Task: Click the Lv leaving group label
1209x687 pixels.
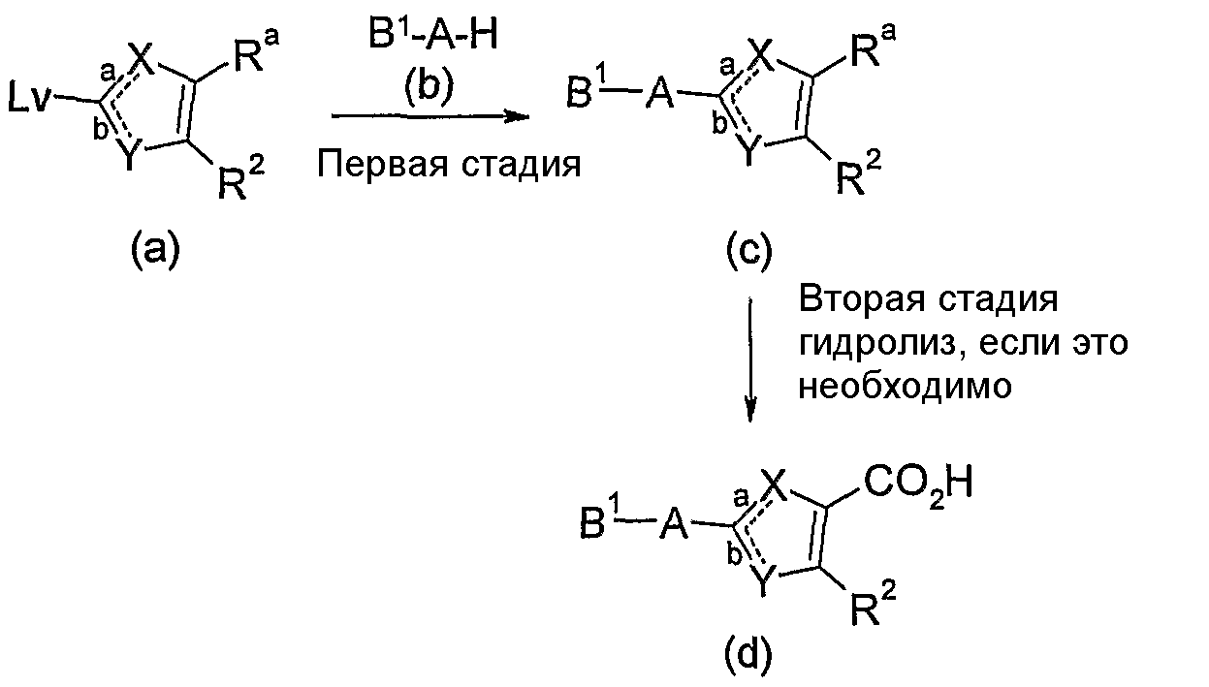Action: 30,100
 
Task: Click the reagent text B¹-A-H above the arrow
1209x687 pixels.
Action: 432,35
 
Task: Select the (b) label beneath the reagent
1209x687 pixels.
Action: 430,86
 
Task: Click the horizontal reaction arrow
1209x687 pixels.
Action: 430,116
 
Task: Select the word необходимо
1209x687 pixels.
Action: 905,386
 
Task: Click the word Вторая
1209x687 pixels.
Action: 861,299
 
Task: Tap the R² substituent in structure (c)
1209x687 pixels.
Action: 858,172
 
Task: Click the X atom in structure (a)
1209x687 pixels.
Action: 142,55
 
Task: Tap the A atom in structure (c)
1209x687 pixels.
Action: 660,96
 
